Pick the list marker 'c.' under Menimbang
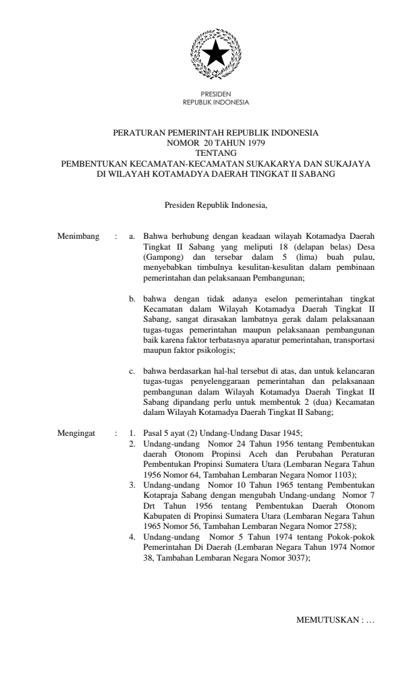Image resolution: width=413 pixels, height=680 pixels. [x=134, y=370]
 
